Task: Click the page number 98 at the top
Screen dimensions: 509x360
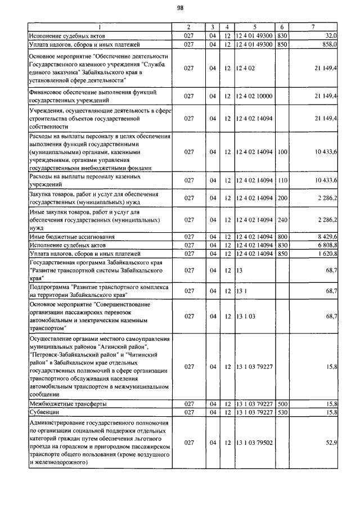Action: click(x=180, y=7)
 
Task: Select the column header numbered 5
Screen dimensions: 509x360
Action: click(x=254, y=27)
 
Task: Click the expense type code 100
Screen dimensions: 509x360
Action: click(x=282, y=152)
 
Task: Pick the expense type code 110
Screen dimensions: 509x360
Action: click(x=282, y=180)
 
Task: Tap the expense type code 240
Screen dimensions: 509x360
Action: click(x=282, y=219)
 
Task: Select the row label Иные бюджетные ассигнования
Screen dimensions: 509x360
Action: click(x=72, y=237)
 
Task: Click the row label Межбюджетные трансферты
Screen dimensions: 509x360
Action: click(x=67, y=404)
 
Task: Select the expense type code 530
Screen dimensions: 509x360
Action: click(x=282, y=412)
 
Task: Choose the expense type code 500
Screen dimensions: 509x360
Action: click(x=282, y=404)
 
